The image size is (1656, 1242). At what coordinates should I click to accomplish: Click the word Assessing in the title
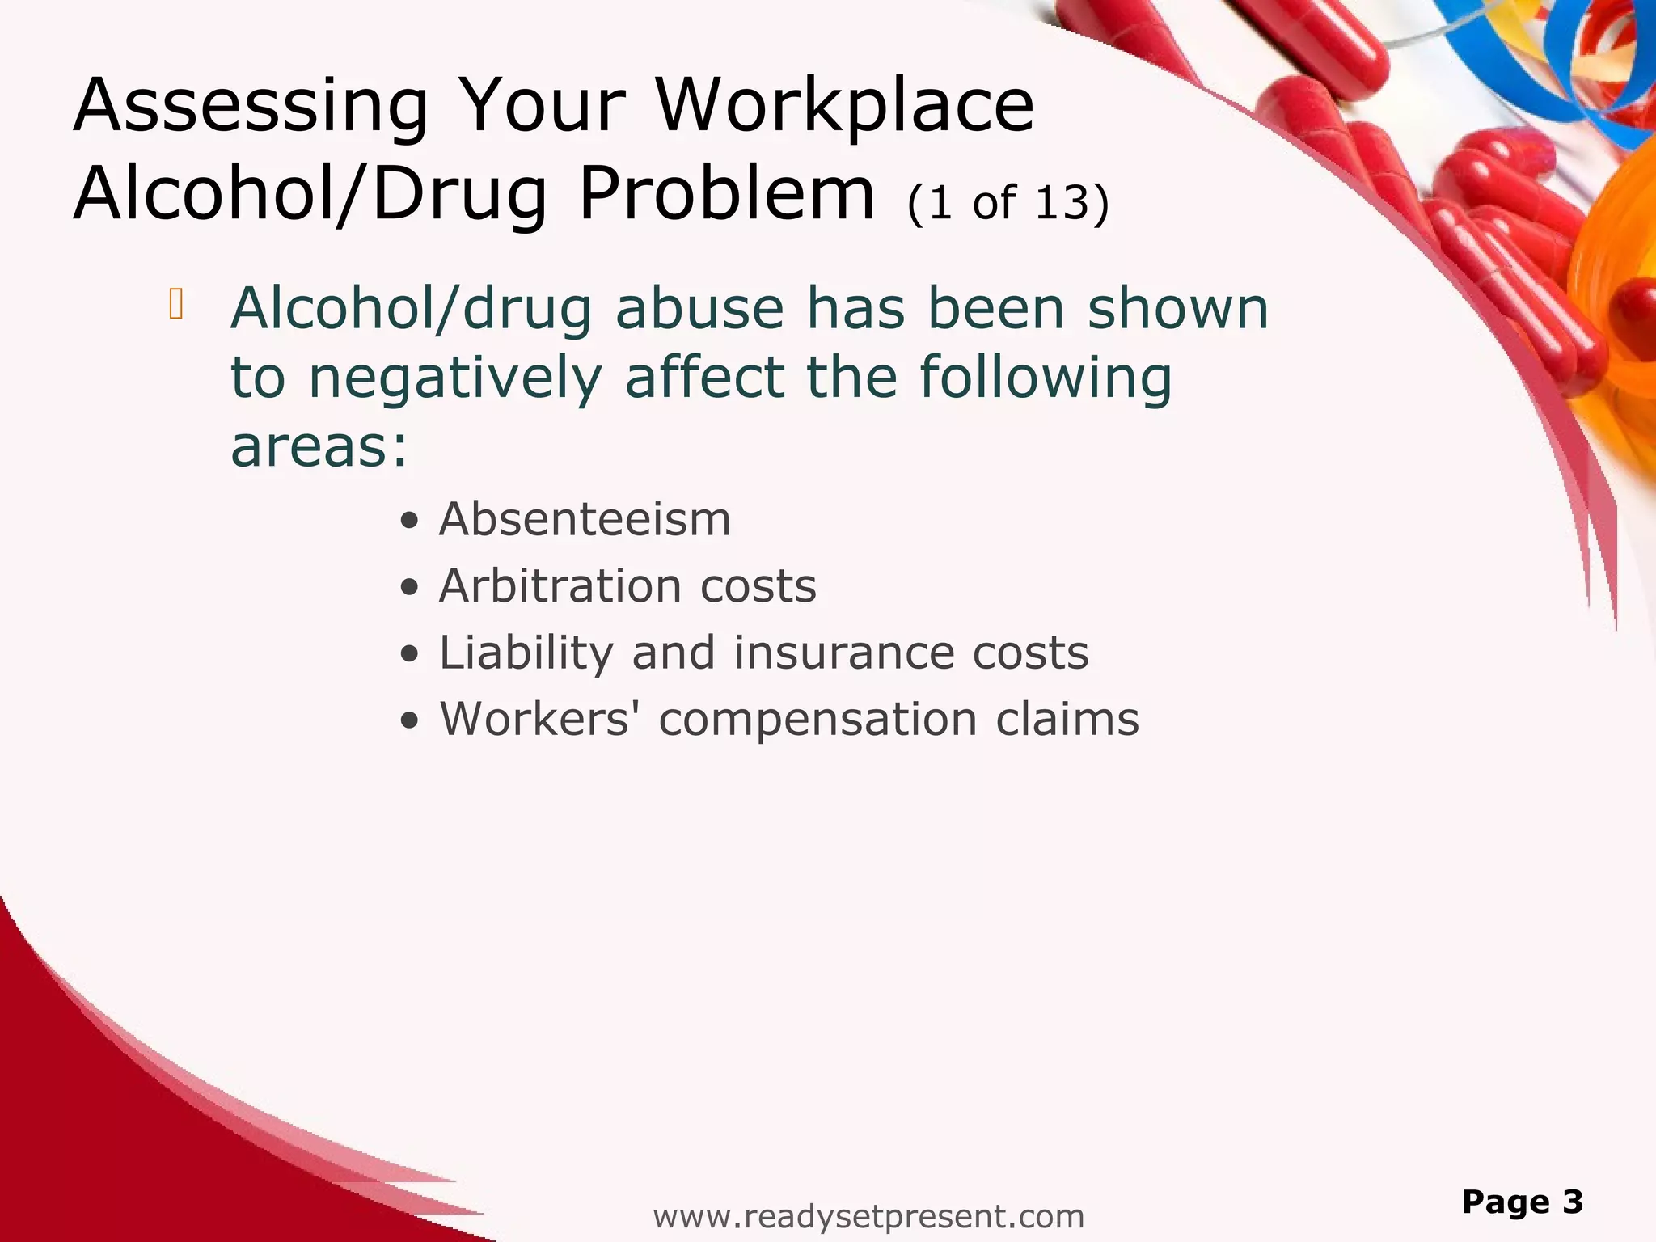[251, 107]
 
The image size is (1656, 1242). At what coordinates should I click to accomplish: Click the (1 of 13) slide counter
[1008, 202]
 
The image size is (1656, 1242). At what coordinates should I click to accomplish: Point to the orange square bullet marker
[176, 304]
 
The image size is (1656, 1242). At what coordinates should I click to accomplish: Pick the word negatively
[456, 378]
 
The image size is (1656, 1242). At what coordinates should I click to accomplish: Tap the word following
[1045, 378]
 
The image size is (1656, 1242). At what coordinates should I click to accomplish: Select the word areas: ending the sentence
[319, 447]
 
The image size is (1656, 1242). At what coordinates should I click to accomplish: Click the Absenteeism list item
[585, 519]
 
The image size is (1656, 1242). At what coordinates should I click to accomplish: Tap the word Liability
[526, 653]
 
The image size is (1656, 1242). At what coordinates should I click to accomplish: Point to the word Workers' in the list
[534, 719]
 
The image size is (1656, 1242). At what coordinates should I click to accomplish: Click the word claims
[1067, 719]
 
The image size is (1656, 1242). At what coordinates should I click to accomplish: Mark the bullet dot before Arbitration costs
[411, 588]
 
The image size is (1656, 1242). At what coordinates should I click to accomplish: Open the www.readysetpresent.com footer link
[868, 1216]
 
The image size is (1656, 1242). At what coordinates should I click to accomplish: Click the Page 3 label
[1522, 1202]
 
